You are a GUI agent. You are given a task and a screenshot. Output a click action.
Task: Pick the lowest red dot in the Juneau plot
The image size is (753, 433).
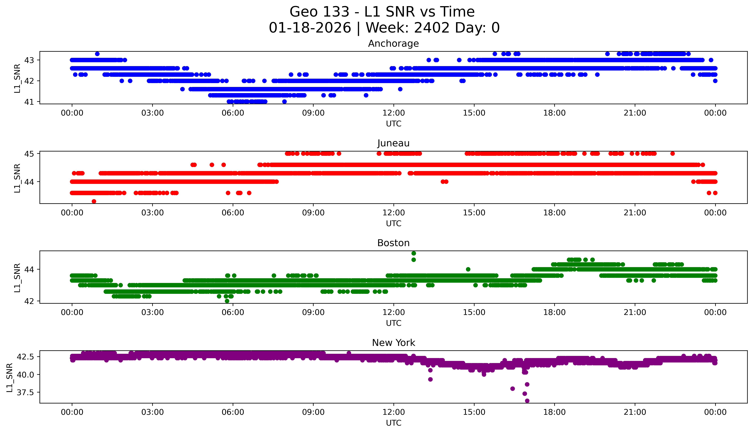pos(94,201)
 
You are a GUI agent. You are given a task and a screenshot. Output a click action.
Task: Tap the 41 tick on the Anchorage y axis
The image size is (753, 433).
pos(29,102)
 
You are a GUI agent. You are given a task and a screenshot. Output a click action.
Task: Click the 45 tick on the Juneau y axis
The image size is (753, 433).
pos(29,154)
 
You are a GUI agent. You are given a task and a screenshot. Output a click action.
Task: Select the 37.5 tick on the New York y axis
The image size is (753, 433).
pos(25,393)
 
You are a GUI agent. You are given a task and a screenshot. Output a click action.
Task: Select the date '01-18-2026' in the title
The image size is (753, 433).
pos(310,28)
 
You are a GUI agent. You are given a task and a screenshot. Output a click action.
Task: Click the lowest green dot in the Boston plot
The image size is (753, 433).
pos(227,301)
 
